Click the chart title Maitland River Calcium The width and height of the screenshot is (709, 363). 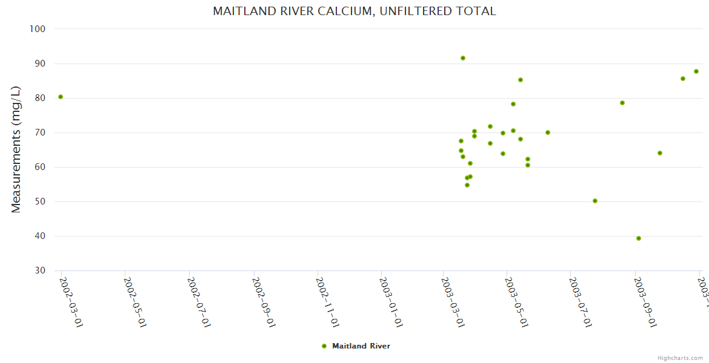(x=354, y=11)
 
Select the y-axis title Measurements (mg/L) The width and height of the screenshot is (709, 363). (x=16, y=149)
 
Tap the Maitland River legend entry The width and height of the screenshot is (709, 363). (x=361, y=346)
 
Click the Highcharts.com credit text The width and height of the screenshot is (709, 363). (x=680, y=358)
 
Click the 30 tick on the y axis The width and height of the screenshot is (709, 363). (x=41, y=270)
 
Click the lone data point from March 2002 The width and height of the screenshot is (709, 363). (x=61, y=97)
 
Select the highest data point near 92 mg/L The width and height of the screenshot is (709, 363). (x=463, y=58)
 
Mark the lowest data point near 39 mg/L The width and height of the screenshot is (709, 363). (x=639, y=238)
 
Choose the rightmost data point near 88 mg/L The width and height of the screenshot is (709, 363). (x=696, y=71)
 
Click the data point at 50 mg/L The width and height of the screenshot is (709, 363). (x=595, y=201)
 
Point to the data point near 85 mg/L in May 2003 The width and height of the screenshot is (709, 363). (x=521, y=80)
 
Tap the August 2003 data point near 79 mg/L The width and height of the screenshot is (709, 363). (x=622, y=103)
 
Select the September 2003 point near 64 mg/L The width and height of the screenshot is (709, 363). (x=660, y=153)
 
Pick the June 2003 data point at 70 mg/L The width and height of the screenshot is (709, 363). (x=548, y=132)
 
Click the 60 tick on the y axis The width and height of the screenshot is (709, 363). (x=41, y=167)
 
